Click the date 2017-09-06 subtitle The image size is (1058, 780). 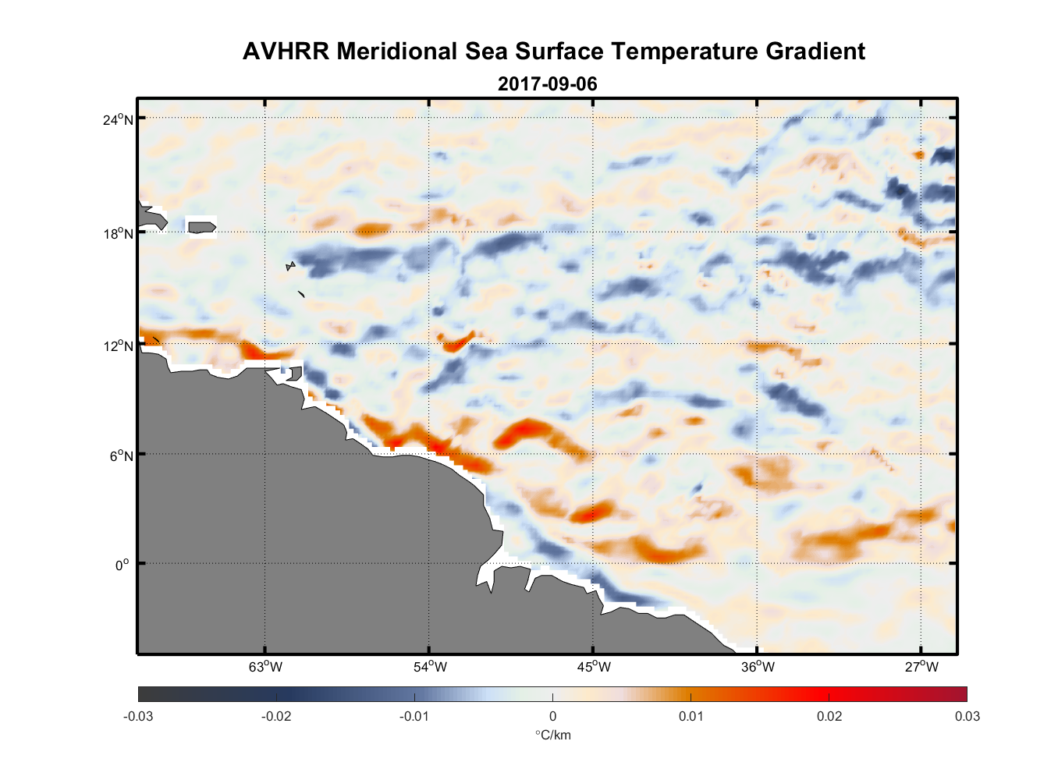point(547,84)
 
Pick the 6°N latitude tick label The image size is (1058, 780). point(122,456)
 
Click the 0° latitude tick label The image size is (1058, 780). point(122,565)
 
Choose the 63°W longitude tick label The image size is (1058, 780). point(265,667)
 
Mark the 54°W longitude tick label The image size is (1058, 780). point(430,667)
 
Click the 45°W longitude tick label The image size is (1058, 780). point(594,667)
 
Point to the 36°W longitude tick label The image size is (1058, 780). point(758,667)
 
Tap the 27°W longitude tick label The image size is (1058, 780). point(921,667)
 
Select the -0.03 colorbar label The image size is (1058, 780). point(138,716)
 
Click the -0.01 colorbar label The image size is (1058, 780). point(414,716)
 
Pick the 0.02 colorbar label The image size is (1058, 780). point(829,716)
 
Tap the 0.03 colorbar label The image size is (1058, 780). point(967,716)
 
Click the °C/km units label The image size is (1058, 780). point(552,735)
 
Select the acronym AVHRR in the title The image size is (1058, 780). point(286,51)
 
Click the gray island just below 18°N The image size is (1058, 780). point(202,228)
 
